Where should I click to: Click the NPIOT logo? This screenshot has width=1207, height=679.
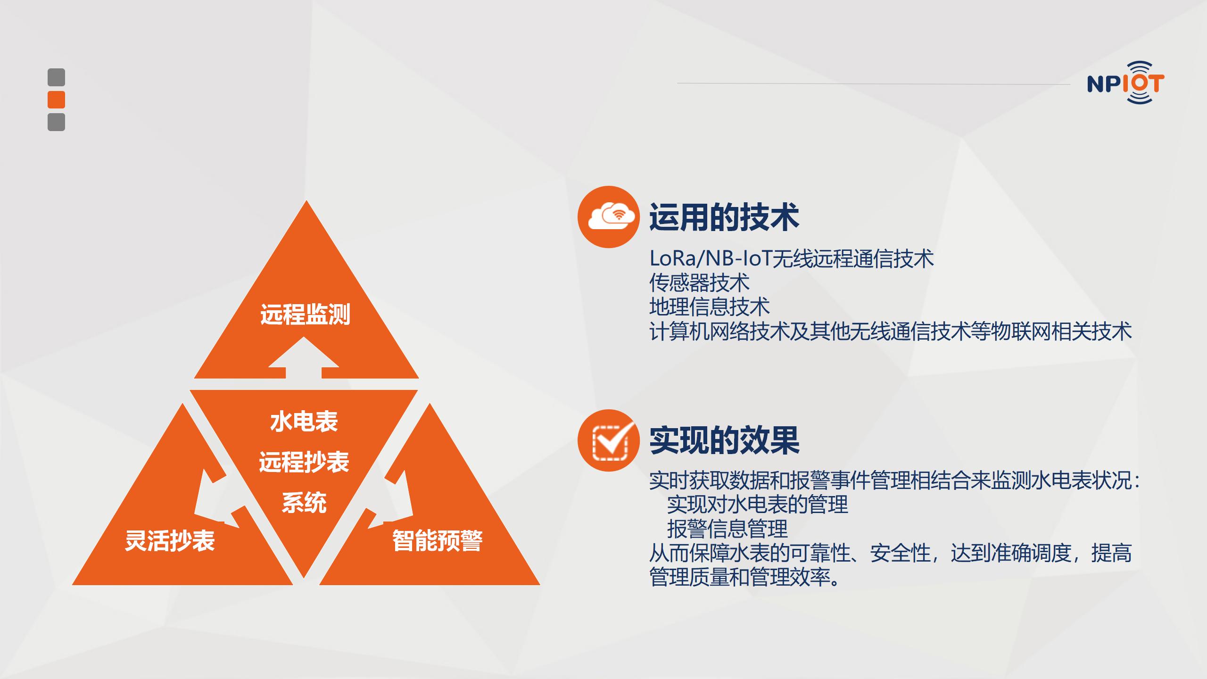tap(1125, 83)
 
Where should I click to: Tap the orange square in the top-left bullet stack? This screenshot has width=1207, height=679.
tap(56, 99)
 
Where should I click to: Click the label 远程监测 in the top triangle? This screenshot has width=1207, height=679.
tap(305, 315)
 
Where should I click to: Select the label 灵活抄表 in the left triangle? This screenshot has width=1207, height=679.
tap(170, 540)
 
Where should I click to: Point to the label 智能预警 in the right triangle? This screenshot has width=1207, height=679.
tap(438, 540)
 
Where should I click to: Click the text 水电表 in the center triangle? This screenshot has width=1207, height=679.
tap(304, 421)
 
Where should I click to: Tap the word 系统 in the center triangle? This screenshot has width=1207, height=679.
tap(304, 503)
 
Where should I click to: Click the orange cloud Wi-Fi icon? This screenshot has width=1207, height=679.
tap(609, 217)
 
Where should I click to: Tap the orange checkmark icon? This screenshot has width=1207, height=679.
tap(609, 440)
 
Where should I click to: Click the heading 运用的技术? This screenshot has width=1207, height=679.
tap(724, 217)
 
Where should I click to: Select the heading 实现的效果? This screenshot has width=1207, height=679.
tap(724, 440)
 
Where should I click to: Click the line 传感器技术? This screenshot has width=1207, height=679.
tap(699, 282)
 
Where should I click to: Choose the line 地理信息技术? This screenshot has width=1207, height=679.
tap(709, 307)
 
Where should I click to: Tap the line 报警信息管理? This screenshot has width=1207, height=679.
tap(727, 529)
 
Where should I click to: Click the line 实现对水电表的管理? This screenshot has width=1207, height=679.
tap(757, 505)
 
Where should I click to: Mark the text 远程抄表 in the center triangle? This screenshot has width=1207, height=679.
tap(304, 462)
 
